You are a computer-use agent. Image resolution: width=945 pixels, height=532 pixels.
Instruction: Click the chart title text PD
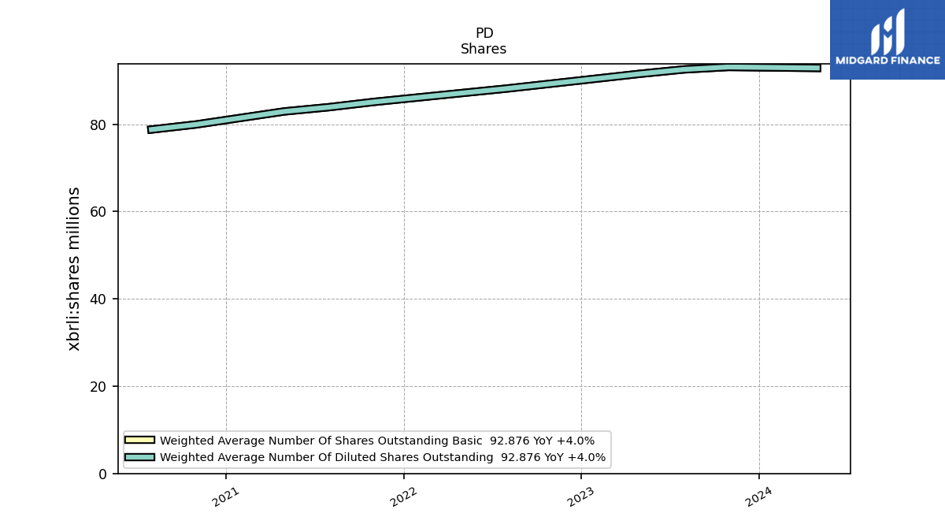[484, 33]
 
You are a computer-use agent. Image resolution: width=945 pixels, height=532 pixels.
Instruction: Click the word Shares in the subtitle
[484, 49]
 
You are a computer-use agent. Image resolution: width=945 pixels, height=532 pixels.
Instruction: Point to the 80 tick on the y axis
[98, 125]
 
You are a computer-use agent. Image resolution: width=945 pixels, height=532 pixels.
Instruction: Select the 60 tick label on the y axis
[98, 212]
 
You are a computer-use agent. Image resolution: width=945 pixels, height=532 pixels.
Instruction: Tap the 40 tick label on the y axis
[98, 299]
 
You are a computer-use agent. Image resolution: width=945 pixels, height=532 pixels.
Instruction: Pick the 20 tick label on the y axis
[98, 387]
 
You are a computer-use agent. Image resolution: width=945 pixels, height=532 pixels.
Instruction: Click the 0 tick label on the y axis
[102, 474]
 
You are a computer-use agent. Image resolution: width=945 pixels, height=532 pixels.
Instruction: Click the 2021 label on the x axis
[225, 497]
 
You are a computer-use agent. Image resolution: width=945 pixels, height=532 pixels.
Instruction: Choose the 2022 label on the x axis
[403, 497]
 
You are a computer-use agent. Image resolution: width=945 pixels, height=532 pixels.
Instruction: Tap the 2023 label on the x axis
[580, 497]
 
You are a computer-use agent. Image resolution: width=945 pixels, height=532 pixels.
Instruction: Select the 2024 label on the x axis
[758, 497]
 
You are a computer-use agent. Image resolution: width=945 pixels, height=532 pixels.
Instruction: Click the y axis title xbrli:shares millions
[73, 269]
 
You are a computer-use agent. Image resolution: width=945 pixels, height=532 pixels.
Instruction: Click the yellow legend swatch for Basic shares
[139, 440]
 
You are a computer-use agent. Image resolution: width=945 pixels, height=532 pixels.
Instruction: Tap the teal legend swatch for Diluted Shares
[139, 457]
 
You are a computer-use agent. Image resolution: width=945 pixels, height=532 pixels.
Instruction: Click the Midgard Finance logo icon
[888, 32]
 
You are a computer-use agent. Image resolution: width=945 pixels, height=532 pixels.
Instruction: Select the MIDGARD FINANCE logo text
[888, 61]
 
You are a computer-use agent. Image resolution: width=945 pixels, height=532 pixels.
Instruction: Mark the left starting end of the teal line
[149, 129]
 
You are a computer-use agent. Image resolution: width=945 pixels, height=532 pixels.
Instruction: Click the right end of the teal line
[820, 68]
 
